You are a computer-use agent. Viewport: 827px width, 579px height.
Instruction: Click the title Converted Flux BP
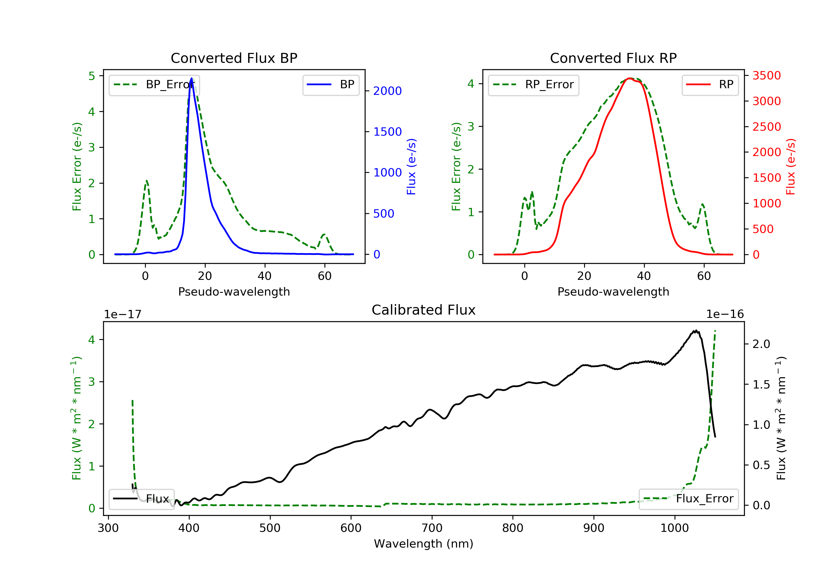[234, 58]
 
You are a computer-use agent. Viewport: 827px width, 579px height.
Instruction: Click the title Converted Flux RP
[613, 58]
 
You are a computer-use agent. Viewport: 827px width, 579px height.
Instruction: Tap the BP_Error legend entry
[154, 85]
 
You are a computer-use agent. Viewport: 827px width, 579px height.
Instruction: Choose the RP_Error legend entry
[533, 85]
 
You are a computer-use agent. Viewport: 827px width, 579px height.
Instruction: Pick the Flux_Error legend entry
[688, 499]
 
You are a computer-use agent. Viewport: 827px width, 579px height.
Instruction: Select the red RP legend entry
[710, 85]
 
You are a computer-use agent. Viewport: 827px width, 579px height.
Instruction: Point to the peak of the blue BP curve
[192, 78]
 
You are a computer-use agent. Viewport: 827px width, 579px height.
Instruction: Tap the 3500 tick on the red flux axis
[766, 76]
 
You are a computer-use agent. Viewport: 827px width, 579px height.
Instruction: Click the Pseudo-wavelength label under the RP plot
[613, 291]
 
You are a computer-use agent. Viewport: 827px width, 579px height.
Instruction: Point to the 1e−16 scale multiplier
[725, 314]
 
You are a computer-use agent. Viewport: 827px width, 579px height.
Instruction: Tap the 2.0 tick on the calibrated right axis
[761, 344]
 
